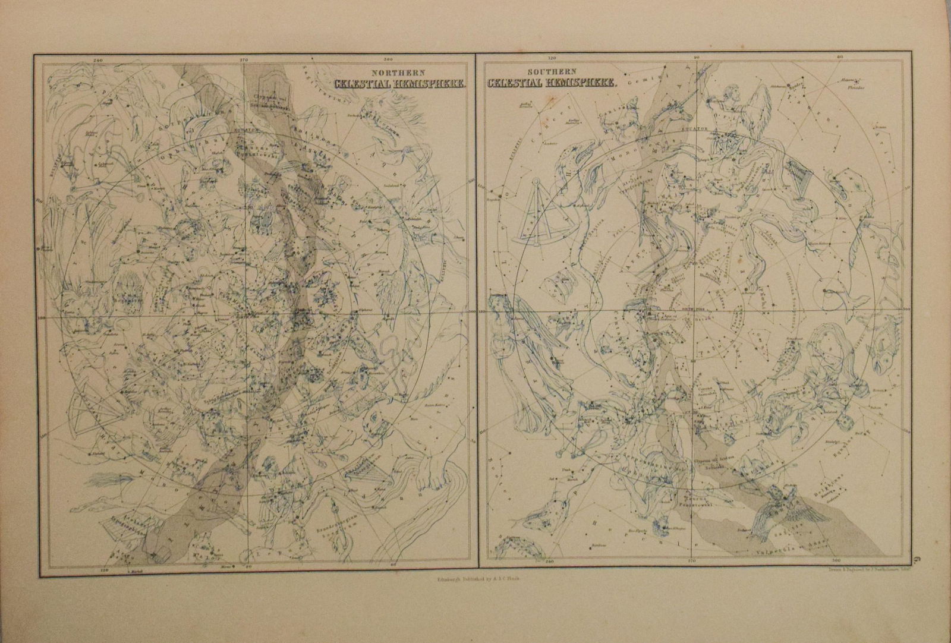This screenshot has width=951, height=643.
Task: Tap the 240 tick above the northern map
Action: (99, 60)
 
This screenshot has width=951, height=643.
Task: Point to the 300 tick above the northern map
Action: (389, 60)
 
